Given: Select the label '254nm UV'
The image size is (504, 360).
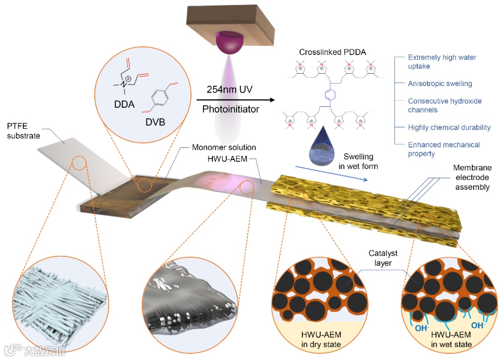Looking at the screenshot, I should (x=229, y=89).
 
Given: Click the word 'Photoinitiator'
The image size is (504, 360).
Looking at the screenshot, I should (x=229, y=110).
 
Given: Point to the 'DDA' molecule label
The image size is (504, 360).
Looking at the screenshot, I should (x=124, y=104).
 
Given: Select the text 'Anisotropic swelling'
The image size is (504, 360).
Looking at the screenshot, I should (x=440, y=84).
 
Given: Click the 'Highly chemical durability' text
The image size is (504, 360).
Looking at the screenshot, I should (x=449, y=127).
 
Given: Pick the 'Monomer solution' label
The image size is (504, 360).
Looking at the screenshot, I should (x=224, y=147).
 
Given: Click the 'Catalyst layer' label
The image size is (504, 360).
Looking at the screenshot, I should (x=383, y=258).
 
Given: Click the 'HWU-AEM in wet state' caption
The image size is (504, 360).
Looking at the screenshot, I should (x=451, y=339).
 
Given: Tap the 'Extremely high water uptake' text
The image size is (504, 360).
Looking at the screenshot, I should (x=441, y=62).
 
